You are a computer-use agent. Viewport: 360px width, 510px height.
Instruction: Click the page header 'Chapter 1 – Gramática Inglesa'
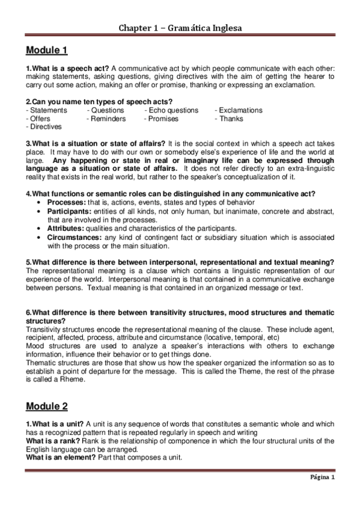click(180, 28)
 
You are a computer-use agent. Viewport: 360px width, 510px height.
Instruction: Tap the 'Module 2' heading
click(47, 407)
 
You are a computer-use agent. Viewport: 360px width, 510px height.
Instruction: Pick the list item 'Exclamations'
click(240, 111)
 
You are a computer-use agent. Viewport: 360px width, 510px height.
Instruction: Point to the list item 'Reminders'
click(108, 119)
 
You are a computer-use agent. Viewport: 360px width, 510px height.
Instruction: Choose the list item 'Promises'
click(163, 119)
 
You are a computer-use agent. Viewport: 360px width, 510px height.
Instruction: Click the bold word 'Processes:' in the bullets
click(66, 203)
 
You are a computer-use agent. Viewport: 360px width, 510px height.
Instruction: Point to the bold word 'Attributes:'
click(66, 229)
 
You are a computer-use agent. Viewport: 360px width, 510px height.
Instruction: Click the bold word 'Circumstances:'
click(74, 237)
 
